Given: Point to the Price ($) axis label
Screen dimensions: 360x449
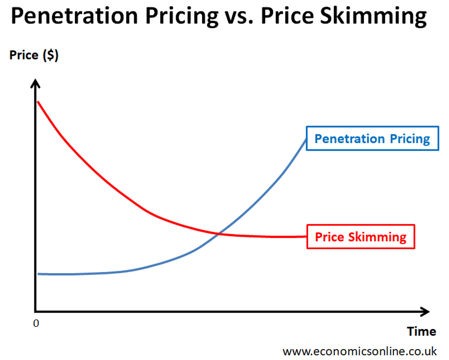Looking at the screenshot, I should [x=34, y=55].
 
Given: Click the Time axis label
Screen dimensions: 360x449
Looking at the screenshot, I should [x=421, y=331].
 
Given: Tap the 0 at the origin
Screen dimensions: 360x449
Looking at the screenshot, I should [x=36, y=324].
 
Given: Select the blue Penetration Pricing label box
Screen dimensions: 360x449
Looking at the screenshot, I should [x=372, y=138].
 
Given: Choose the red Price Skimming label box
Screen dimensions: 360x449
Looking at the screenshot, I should [x=361, y=237].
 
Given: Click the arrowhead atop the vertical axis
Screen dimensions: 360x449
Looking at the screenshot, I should [x=36, y=83].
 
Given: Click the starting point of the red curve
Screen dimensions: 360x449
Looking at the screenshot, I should [x=38, y=102].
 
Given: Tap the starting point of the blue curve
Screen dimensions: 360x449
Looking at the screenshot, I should [x=38, y=274].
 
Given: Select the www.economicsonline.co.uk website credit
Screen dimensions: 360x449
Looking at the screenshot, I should [x=359, y=351].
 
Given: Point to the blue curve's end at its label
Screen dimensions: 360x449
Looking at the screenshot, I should [x=306, y=139].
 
